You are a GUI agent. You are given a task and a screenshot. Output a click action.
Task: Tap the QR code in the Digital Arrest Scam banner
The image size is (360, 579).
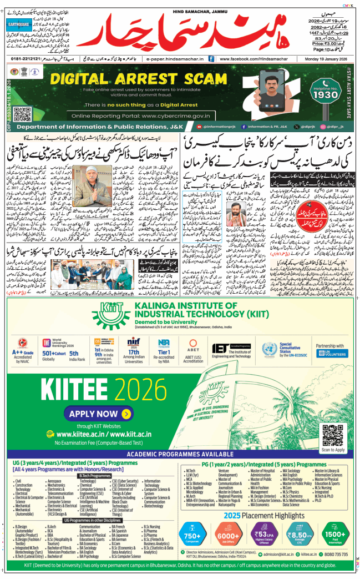[x=22, y=114]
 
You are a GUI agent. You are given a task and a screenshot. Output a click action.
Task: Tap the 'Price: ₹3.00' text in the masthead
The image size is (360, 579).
[x=326, y=42]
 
